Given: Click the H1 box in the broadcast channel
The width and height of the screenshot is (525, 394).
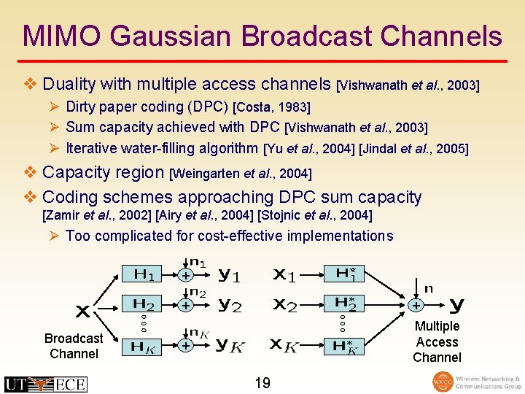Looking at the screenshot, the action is (x=144, y=275).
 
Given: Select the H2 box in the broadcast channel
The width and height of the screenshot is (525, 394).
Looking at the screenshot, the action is (x=144, y=304).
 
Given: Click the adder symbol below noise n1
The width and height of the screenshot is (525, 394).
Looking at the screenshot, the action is (x=187, y=276).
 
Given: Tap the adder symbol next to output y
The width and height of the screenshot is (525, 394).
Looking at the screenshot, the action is (x=416, y=304).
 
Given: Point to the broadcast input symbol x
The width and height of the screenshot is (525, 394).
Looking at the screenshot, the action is (x=83, y=312).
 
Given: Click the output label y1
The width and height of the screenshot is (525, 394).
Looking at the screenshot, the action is (x=230, y=275).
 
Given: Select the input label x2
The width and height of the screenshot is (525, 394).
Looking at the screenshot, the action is (x=284, y=305).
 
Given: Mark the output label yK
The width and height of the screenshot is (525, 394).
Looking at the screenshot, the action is (x=230, y=345).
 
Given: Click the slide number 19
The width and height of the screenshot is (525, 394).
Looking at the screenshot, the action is (x=262, y=382).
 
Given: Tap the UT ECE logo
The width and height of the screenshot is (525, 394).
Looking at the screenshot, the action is (x=45, y=384).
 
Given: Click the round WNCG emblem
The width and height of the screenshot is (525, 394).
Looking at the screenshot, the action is (x=442, y=382).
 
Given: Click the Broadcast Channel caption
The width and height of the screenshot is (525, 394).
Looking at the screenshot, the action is (x=74, y=346).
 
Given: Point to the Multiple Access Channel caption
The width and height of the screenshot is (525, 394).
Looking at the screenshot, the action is (x=437, y=341).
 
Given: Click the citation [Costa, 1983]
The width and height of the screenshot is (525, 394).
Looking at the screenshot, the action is (x=271, y=108).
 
